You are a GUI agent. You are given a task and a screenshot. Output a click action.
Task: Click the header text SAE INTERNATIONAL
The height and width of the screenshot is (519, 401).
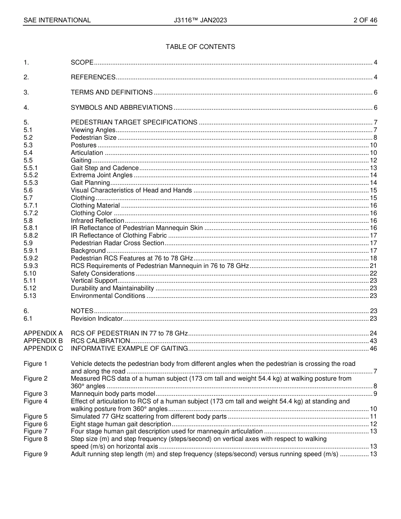pyautogui.click(x=57, y=20)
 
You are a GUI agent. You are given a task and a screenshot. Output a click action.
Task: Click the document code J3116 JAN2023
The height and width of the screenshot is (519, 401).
pyautogui.click(x=200, y=20)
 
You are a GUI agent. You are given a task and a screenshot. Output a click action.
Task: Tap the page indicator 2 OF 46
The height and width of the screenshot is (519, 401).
pyautogui.click(x=365, y=20)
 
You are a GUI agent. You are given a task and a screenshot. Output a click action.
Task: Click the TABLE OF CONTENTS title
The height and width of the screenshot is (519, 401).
pyautogui.click(x=200, y=47)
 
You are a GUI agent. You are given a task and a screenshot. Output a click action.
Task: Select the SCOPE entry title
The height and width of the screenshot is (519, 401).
pyautogui.click(x=82, y=62)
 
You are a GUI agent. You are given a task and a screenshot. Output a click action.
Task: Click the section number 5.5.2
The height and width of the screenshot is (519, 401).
pyautogui.click(x=31, y=175)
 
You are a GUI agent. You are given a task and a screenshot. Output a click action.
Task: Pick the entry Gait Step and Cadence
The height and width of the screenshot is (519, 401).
pyautogui.click(x=105, y=168)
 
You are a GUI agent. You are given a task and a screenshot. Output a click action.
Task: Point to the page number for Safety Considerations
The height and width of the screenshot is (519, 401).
pyautogui.click(x=373, y=273)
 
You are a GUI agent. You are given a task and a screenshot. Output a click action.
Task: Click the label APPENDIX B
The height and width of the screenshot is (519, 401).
pyautogui.click(x=43, y=341)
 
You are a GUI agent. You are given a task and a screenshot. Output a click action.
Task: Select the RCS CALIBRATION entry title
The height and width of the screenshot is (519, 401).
pyautogui.click(x=100, y=341)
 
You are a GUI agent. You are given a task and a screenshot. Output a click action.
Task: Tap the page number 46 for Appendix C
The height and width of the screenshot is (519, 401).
pyautogui.click(x=373, y=349)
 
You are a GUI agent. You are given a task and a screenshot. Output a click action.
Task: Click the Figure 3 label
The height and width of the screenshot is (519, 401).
pyautogui.click(x=35, y=394)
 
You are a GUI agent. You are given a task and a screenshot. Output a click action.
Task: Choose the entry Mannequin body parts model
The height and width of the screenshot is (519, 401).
pyautogui.click(x=113, y=394)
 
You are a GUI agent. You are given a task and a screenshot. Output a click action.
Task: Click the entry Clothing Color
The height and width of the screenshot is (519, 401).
pyautogui.click(x=92, y=213)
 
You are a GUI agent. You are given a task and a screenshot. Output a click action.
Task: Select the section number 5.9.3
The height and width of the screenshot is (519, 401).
pyautogui.click(x=31, y=266)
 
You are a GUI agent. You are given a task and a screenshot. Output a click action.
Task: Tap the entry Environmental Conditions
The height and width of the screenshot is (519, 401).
pyautogui.click(x=108, y=296)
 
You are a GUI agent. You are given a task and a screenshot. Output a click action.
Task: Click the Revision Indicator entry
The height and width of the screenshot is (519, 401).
pyautogui.click(x=97, y=319)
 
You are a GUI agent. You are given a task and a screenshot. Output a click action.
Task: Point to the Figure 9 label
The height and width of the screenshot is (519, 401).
pyautogui.click(x=35, y=454)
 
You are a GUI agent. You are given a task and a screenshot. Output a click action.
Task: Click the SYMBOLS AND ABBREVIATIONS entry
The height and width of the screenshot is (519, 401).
pyautogui.click(x=122, y=108)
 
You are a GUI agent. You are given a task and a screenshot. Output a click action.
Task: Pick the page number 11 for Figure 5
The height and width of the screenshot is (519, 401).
pyautogui.click(x=373, y=417)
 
